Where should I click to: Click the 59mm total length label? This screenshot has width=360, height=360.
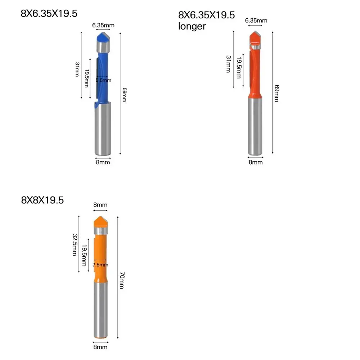pos(124,95)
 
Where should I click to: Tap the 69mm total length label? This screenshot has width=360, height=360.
pos(276,93)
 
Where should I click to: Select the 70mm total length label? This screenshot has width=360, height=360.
pos(122,280)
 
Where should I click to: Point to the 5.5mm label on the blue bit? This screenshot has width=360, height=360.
pos(103,80)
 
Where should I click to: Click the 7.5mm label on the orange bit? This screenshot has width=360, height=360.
pos(100,265)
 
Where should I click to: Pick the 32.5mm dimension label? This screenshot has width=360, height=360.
pos(75,244)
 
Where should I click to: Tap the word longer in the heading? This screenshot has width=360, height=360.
pos(192,26)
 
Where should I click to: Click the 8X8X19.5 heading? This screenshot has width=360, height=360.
pos(42,200)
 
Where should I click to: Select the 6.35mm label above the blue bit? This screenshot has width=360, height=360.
pos(103,25)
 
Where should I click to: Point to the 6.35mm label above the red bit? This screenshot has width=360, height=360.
pos(256,21)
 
